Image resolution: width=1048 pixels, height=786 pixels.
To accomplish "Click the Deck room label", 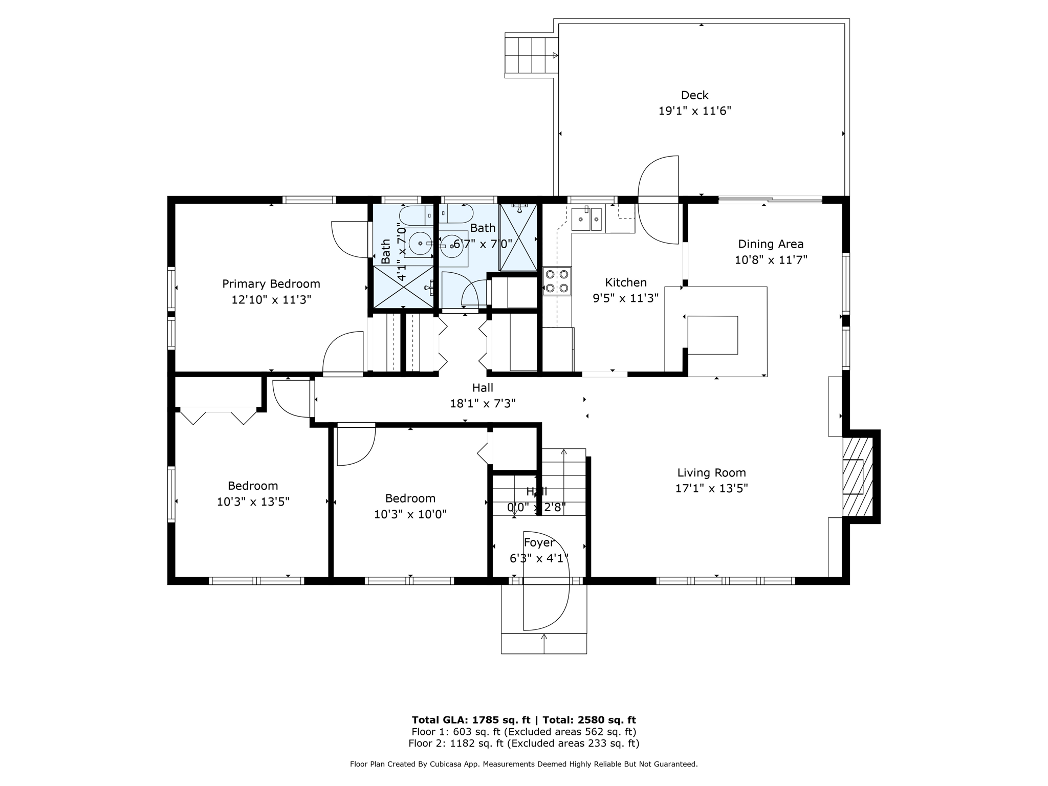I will pos(694,95).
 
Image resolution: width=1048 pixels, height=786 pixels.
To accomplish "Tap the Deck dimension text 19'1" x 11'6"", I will pos(694,111).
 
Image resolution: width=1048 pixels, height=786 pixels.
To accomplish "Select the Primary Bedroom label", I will pos(271,284).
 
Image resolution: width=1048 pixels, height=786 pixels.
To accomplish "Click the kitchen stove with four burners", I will pos(557,281).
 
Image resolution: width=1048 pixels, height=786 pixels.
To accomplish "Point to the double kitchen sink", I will pos(586,220).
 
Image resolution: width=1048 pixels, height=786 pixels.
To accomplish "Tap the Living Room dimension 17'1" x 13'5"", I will pos(711,489).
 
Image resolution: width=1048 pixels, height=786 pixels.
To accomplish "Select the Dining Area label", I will pos(770,244).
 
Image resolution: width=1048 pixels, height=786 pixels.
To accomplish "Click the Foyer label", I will pos(539,542).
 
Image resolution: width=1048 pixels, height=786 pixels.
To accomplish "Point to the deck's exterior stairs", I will pos(531,55).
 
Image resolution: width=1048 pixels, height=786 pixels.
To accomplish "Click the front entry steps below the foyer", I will pos(543,643).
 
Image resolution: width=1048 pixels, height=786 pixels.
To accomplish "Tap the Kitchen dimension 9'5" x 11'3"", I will pos(625,298).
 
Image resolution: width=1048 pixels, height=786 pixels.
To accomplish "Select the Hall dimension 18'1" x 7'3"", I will pos(482,404).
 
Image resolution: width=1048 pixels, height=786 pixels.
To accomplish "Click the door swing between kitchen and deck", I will pos(659,200).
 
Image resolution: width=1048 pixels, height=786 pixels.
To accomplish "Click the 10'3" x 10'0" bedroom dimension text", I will pos(410,514).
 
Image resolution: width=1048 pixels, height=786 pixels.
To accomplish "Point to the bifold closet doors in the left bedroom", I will pos(219,415).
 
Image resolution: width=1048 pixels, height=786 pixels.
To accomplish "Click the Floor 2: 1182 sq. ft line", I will pos(523,744).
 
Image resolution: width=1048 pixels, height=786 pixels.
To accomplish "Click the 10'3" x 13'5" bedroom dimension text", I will pos(253,502).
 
